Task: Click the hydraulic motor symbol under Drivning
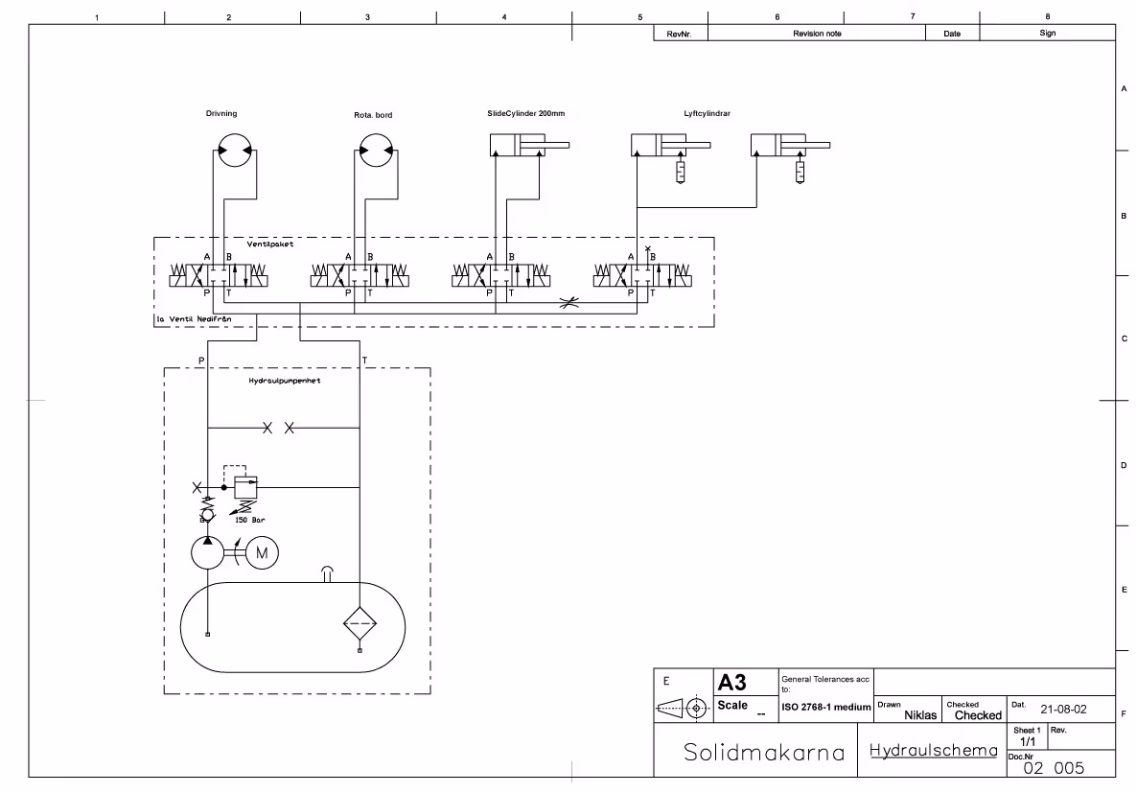point(232,151)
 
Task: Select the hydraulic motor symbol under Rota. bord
point(376,151)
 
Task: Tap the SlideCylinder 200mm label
point(525,114)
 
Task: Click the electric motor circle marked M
point(261,552)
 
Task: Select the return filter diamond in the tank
point(360,622)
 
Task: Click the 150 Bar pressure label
point(250,519)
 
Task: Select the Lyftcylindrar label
point(708,114)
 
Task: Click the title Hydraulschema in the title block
point(934,750)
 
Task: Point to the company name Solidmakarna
point(764,752)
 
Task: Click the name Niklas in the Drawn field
point(920,714)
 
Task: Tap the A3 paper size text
point(732,682)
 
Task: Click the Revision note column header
point(817,34)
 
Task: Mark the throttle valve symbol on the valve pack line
point(569,304)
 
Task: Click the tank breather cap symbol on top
point(328,573)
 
